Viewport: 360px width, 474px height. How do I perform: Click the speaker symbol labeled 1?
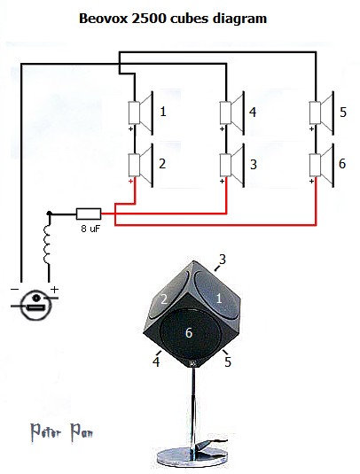(141, 113)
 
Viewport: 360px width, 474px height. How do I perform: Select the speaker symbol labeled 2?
(141, 165)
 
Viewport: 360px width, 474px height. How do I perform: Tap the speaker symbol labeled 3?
(231, 165)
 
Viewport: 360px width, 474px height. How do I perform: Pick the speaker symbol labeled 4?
(231, 113)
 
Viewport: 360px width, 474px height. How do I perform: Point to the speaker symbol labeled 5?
(322, 113)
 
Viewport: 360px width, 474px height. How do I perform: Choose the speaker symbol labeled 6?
(322, 165)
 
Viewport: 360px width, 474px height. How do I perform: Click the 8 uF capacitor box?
(89, 214)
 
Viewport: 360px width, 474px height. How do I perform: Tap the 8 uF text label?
(90, 229)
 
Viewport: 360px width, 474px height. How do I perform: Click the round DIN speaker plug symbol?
(36, 305)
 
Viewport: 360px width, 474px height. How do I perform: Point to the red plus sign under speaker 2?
(130, 181)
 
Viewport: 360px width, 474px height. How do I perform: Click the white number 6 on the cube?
(189, 333)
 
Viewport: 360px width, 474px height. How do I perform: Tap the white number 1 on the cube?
(219, 299)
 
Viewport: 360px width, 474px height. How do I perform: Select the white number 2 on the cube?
(164, 299)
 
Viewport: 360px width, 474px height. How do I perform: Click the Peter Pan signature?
(62, 432)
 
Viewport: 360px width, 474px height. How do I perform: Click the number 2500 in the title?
(149, 19)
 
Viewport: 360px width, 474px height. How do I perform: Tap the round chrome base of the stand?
(192, 456)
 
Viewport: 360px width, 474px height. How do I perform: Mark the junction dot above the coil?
(50, 214)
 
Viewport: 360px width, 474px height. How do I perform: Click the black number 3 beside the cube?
(223, 259)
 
